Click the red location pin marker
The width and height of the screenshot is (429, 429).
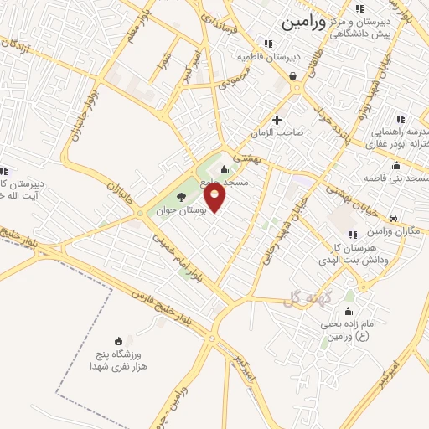(x=215, y=198)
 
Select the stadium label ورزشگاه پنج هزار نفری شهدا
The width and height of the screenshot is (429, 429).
(x=117, y=361)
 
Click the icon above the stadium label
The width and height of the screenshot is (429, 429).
(x=118, y=340)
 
